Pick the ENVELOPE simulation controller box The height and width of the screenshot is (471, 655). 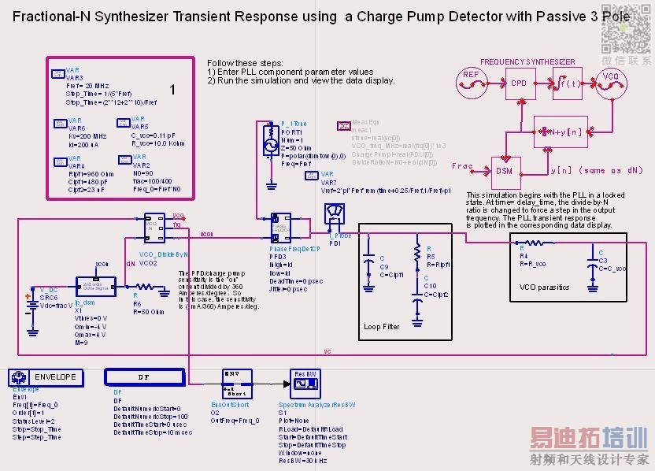(x=47, y=377)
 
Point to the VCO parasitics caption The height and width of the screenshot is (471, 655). (x=544, y=287)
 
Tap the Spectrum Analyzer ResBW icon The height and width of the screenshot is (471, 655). (x=304, y=384)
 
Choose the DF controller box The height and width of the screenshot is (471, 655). (x=143, y=377)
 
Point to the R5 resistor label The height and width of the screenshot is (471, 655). (x=430, y=257)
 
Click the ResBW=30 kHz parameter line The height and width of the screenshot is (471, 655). (x=302, y=461)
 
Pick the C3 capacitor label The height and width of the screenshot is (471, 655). (x=602, y=260)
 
